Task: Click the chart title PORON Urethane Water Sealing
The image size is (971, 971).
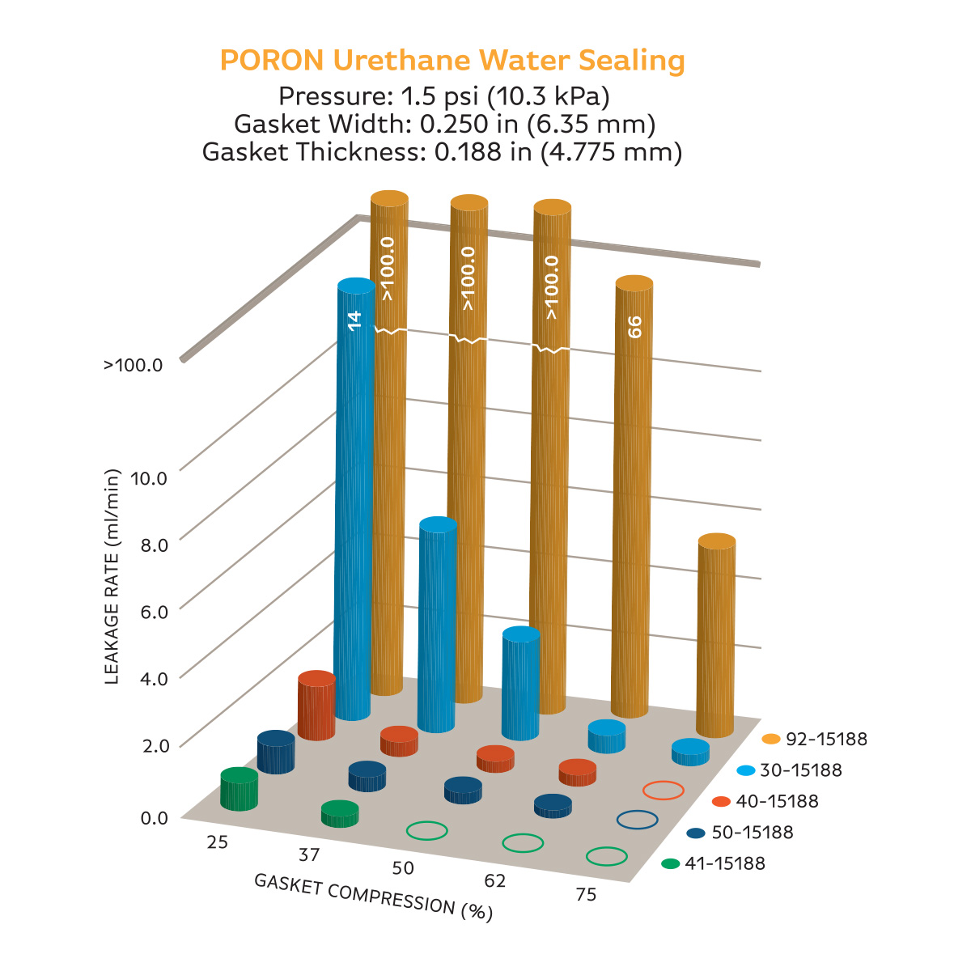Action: click(x=452, y=61)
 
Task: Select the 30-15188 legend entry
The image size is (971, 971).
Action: click(x=789, y=770)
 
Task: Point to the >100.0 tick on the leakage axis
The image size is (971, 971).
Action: click(x=134, y=365)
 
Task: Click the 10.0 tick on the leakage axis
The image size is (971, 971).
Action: click(x=149, y=477)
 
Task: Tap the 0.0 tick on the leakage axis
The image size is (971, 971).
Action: click(x=155, y=818)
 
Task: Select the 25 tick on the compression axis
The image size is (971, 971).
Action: click(x=217, y=842)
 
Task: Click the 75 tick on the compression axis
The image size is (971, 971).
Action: click(x=587, y=894)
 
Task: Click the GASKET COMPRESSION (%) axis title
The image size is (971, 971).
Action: click(x=373, y=897)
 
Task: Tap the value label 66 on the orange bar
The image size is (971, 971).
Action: click(x=634, y=327)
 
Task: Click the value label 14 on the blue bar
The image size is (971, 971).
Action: click(x=354, y=319)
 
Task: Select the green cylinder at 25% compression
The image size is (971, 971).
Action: click(x=240, y=789)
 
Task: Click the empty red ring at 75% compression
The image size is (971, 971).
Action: click(x=664, y=791)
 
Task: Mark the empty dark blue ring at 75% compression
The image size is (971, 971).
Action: click(x=637, y=820)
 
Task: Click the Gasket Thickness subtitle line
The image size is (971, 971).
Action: click(x=442, y=151)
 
